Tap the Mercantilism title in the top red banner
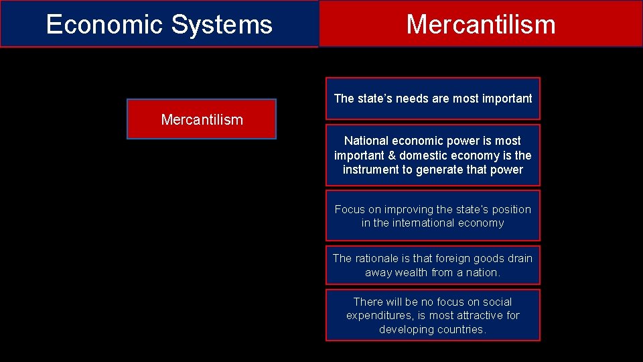[480, 25]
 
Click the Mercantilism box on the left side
[202, 120]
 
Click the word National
[366, 141]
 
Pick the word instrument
[370, 170]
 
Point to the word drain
[520, 258]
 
